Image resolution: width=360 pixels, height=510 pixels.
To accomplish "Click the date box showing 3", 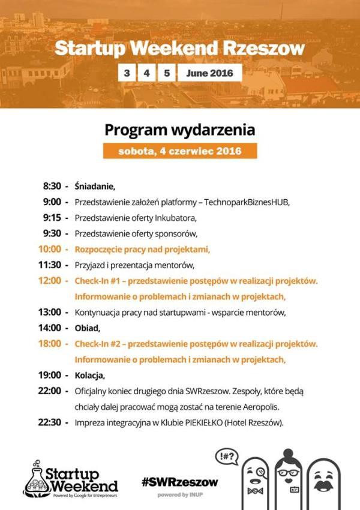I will (x=127, y=73).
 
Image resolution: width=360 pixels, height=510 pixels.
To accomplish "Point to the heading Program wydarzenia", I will (x=180, y=130).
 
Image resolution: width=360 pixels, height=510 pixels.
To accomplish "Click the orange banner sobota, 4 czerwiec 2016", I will (x=180, y=151).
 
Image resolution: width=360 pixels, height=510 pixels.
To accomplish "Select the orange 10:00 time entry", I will (x=50, y=248).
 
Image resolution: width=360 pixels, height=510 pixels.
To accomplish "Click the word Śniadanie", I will (x=94, y=186).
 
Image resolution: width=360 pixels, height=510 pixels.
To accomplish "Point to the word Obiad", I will (x=88, y=328).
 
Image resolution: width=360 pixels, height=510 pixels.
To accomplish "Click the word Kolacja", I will (x=89, y=376).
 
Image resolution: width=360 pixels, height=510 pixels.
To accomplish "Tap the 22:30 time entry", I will (x=50, y=422).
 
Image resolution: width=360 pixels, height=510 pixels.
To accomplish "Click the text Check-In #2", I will (x=98, y=344).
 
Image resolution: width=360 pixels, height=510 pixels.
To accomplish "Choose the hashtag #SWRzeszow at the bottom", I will (x=180, y=482).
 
